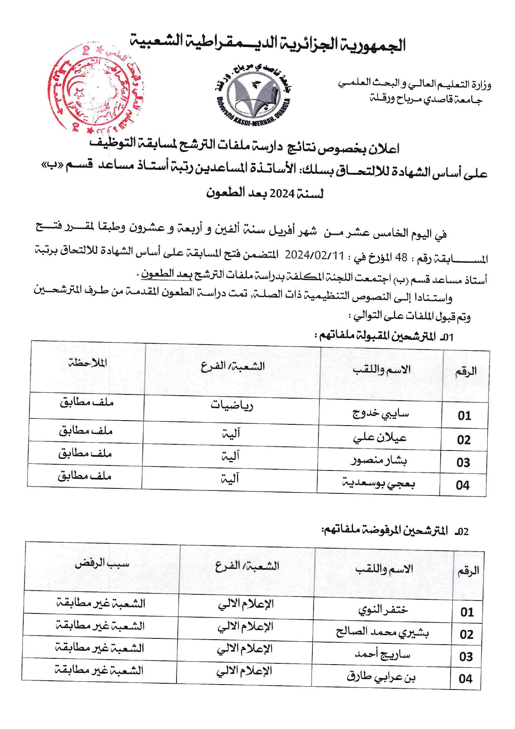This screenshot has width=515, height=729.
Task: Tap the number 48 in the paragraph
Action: (x=401, y=258)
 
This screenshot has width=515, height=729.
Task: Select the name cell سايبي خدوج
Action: (x=380, y=413)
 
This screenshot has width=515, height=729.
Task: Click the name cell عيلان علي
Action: (x=380, y=437)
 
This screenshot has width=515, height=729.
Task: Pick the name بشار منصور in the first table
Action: (x=379, y=460)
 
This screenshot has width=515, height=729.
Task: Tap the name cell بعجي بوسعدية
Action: (x=378, y=483)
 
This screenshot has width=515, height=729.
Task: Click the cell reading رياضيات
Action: (x=232, y=405)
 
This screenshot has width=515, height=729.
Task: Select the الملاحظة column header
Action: (x=88, y=363)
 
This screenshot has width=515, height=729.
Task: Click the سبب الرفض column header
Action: (x=102, y=564)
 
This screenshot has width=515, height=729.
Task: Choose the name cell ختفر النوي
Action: (x=383, y=610)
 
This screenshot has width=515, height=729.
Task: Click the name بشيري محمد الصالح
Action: (x=382, y=632)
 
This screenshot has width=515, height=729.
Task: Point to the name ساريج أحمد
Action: (x=382, y=655)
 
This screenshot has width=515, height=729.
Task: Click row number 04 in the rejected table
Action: (x=466, y=679)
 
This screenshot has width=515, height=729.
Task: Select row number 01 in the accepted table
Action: (x=464, y=416)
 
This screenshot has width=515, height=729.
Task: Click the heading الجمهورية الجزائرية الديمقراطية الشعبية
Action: (x=268, y=43)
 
